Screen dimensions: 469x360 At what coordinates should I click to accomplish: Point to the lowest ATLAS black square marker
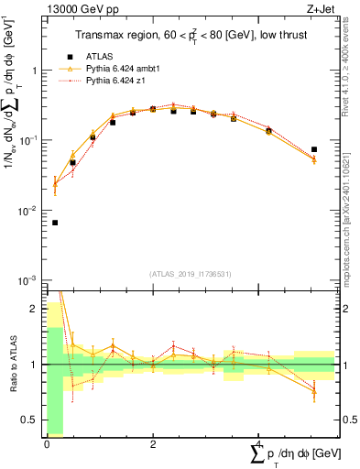click(x=55, y=223)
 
